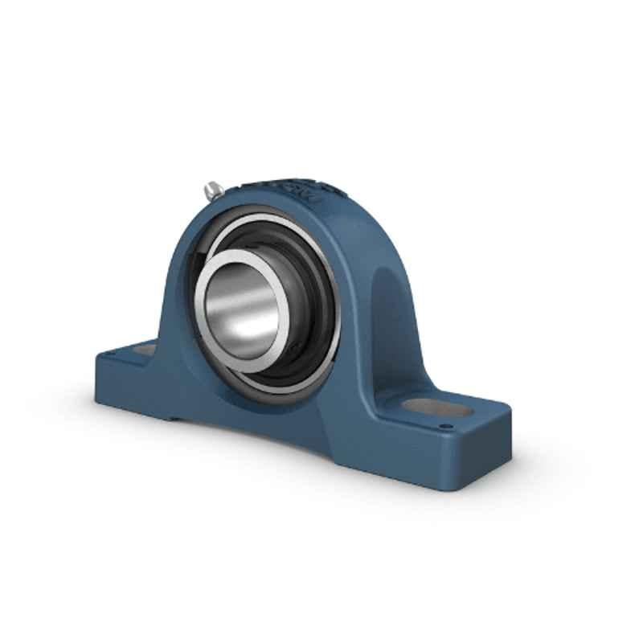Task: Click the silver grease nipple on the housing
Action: tap(212, 190)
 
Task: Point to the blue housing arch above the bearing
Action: tap(265, 201)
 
